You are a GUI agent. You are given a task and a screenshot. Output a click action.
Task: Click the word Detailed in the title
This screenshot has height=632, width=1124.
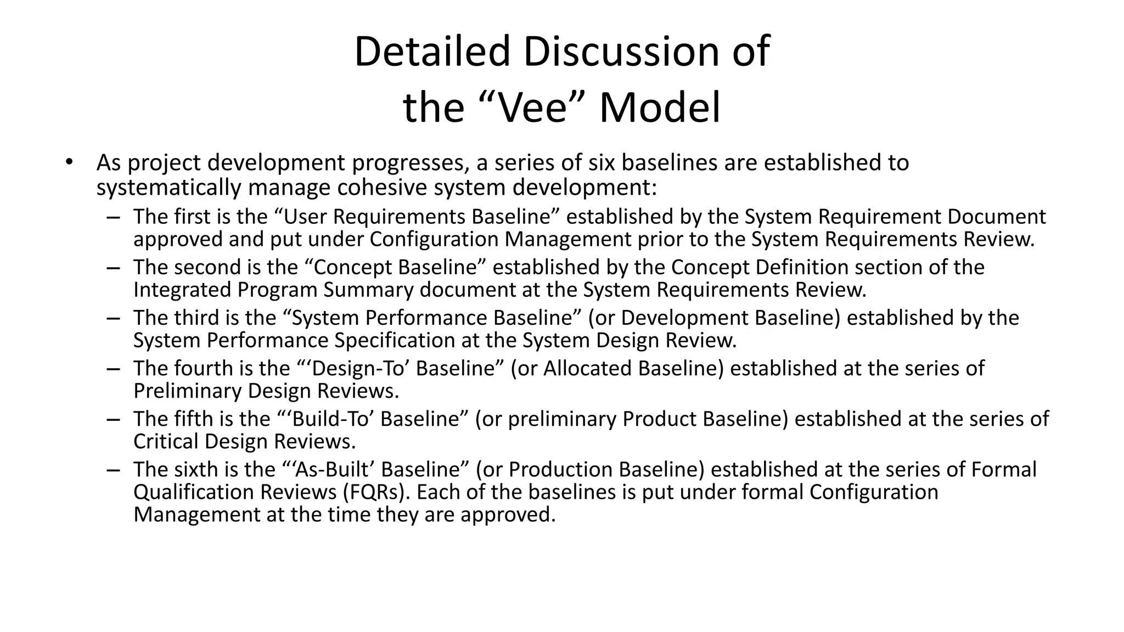point(432,52)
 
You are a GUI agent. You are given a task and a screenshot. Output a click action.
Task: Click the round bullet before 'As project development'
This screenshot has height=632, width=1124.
point(69,162)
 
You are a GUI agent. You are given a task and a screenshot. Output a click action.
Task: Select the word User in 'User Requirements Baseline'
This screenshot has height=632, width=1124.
point(305,217)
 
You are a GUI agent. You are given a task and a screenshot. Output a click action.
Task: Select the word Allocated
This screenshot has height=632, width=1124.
point(588,368)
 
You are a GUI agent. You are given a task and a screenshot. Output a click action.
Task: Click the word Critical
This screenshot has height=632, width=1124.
point(166,441)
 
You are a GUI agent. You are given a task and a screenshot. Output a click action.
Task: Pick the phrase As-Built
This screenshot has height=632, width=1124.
point(334,469)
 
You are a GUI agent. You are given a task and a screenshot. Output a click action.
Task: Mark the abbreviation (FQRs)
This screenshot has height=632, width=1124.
point(376,492)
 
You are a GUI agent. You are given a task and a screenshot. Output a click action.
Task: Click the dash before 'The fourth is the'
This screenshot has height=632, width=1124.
point(114,369)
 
